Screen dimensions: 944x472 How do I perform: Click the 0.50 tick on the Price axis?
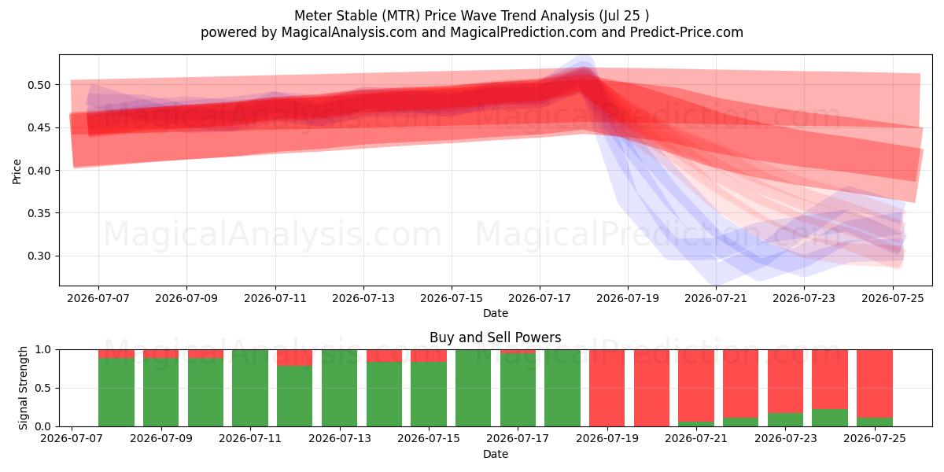39,85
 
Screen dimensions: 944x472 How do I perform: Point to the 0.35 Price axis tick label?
39,213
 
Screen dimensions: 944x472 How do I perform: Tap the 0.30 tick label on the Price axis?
39,256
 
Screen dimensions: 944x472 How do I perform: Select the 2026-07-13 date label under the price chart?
363,298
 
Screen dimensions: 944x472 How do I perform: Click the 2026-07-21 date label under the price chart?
716,298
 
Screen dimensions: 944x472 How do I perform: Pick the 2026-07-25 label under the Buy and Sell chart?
875,438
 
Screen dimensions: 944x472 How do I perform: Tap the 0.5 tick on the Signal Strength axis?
42,388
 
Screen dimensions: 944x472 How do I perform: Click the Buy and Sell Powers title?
495,337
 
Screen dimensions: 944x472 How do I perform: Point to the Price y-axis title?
17,171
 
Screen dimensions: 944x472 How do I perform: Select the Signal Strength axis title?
23,388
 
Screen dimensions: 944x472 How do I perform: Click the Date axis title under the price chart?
496,313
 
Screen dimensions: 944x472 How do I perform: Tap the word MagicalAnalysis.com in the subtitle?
349,32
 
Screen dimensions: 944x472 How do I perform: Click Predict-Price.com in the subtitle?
687,32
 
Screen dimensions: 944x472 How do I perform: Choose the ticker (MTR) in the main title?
401,16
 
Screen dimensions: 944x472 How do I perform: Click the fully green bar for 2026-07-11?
250,388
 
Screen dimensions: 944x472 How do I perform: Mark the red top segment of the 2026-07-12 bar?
294,358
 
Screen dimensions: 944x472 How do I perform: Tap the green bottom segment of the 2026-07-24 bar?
830,418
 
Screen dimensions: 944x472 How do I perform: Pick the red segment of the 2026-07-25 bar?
875,384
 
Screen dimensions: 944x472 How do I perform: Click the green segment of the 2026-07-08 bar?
116,392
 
